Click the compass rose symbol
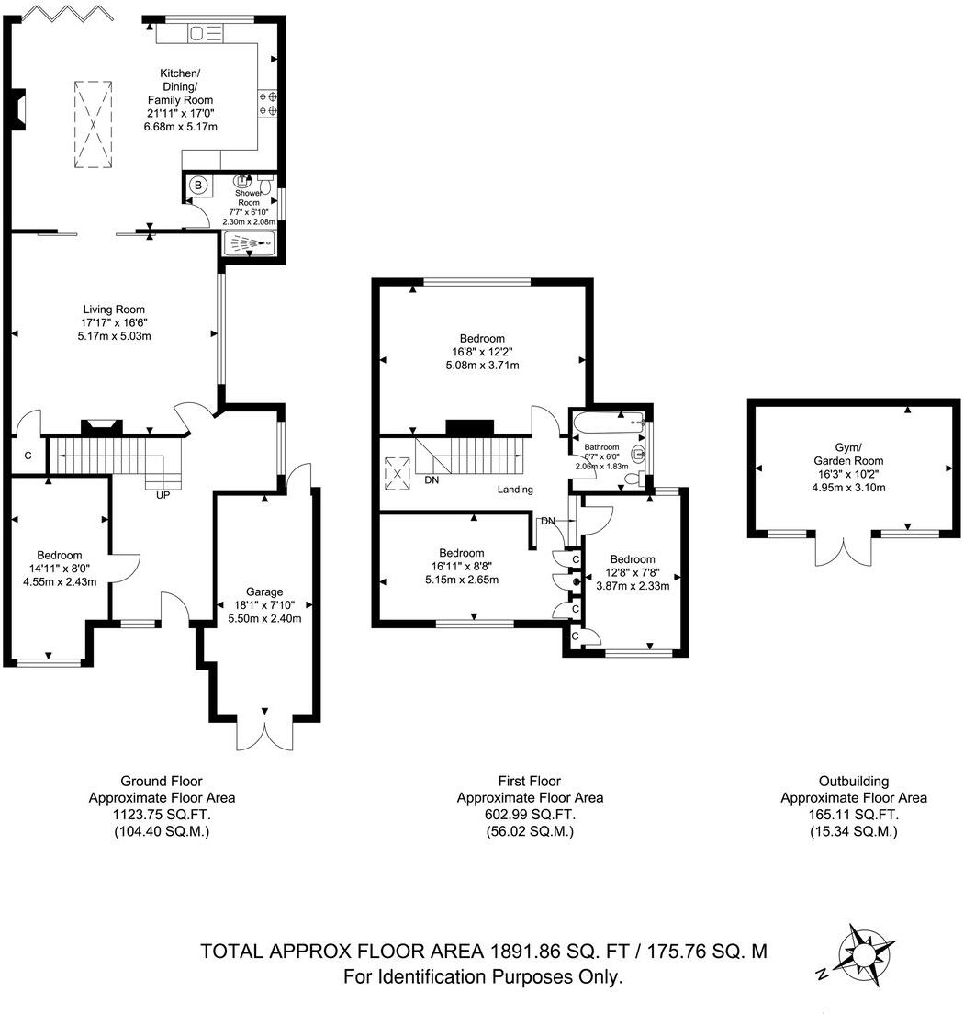pyautogui.click(x=863, y=955)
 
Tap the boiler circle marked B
pyautogui.click(x=197, y=186)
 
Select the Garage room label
pyautogui.click(x=264, y=591)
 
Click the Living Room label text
pyautogui.click(x=113, y=310)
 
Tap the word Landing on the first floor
pyautogui.click(x=515, y=490)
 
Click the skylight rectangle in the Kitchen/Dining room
pyautogui.click(x=93, y=123)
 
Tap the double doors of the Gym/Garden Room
pyautogui.click(x=843, y=549)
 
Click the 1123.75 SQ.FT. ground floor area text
pyautogui.click(x=162, y=815)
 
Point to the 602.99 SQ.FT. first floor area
pyautogui.click(x=530, y=815)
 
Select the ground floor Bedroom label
pyautogui.click(x=60, y=555)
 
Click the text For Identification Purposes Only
pyautogui.click(x=483, y=977)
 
